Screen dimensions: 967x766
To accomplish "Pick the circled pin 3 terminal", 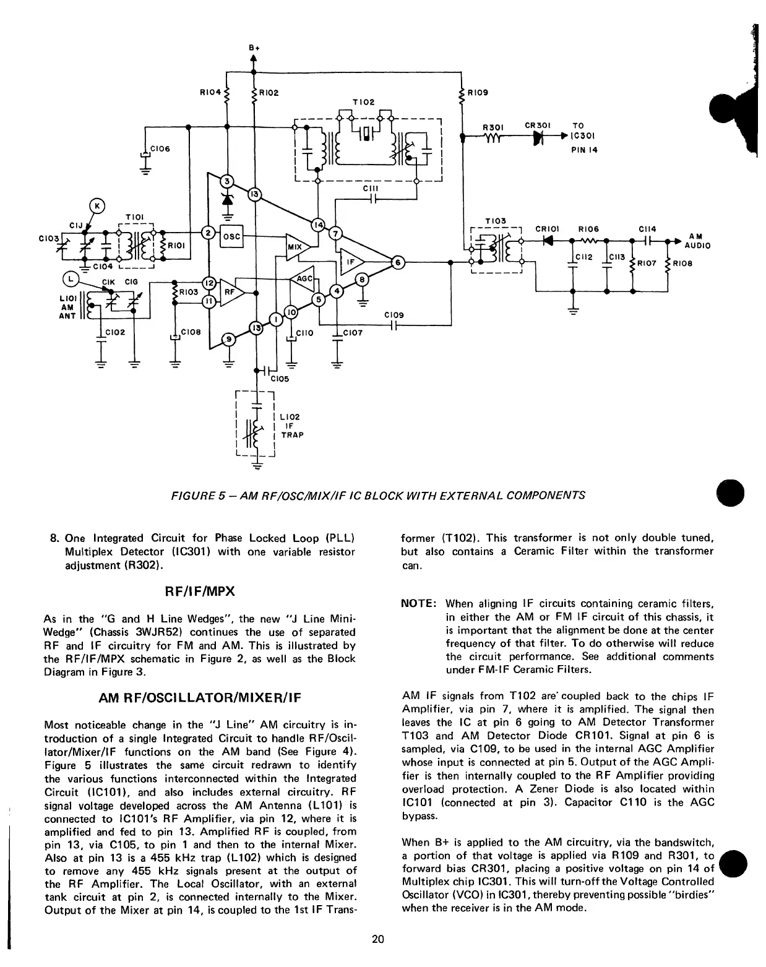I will click(x=228, y=181).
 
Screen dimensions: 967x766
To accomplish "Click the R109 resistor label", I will click(x=477, y=93).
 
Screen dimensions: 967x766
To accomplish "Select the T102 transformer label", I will click(x=363, y=101).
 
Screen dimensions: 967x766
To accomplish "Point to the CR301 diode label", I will click(x=537, y=125).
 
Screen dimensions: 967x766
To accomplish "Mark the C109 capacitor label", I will click(x=394, y=315).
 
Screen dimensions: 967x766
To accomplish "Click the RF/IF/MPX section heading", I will click(x=200, y=591).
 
